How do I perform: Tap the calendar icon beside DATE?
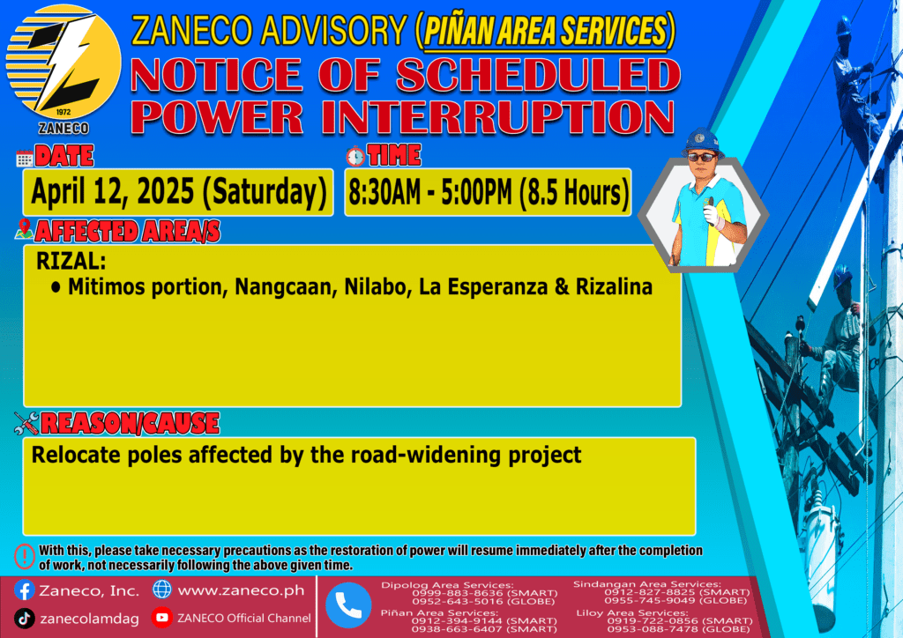(x=24, y=159)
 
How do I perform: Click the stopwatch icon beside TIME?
(x=355, y=156)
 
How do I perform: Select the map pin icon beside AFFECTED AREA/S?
(x=24, y=229)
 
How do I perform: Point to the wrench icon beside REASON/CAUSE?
(x=26, y=423)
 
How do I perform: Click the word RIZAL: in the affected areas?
(x=71, y=261)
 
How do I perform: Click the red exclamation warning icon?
(x=25, y=556)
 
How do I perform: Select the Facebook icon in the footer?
(x=24, y=590)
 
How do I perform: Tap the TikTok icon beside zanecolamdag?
(x=24, y=619)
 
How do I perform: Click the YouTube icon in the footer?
(x=162, y=617)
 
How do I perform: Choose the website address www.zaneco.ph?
(x=241, y=590)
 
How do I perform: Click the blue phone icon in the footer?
(x=347, y=605)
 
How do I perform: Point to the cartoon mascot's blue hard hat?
(x=701, y=142)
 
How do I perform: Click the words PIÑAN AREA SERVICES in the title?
(x=545, y=31)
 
